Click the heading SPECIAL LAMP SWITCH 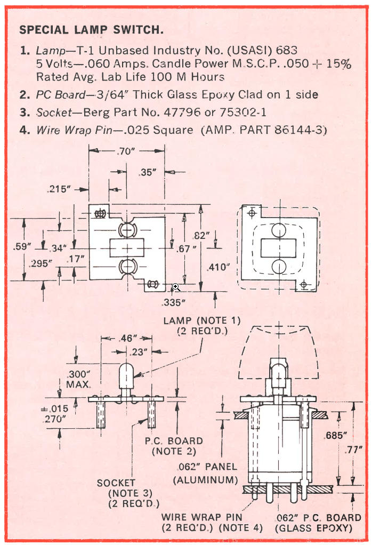(x=91, y=30)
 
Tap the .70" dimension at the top (x=126, y=151)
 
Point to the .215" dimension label (x=60, y=189)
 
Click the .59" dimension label (x=22, y=246)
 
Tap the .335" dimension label (x=173, y=302)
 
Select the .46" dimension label (x=126, y=338)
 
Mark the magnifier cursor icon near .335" (x=175, y=287)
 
